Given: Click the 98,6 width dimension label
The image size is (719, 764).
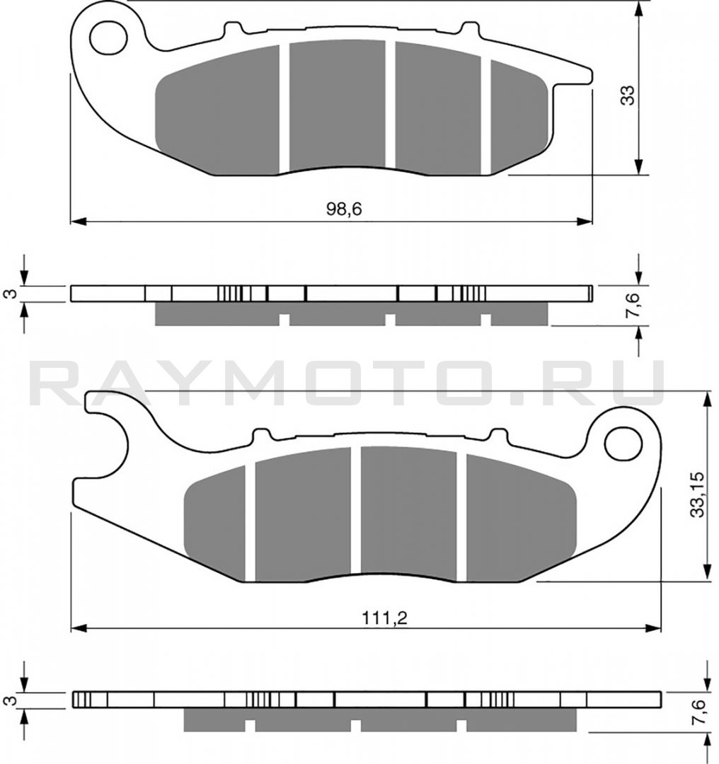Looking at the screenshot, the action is (344, 209).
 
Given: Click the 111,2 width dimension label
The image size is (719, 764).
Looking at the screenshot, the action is (384, 618).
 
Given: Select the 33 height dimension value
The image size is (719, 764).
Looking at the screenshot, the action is (628, 95).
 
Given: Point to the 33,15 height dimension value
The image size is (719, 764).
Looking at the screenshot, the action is (698, 494).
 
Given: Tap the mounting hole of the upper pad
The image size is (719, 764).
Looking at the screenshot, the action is (108, 37).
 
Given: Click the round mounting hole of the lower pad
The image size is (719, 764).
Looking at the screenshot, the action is (623, 444).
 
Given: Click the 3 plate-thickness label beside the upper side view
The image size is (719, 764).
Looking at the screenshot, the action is (12, 294).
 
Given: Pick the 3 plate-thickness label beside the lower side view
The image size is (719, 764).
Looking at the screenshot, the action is (12, 700).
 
